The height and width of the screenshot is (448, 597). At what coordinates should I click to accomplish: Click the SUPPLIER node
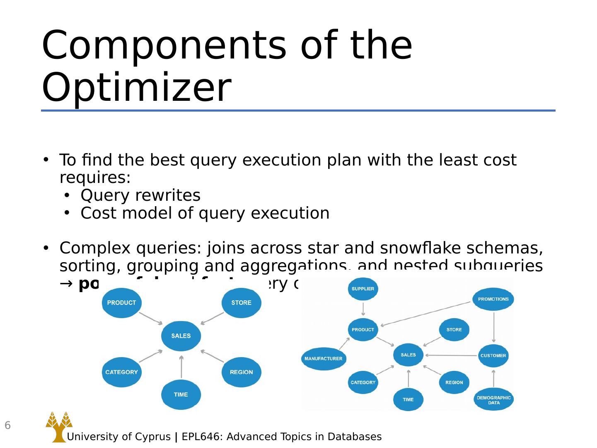pyautogui.click(x=363, y=289)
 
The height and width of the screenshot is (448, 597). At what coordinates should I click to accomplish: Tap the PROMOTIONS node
pyautogui.click(x=493, y=299)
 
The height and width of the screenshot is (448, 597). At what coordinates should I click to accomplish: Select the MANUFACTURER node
pyautogui.click(x=324, y=358)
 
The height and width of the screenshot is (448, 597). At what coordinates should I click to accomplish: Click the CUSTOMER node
pyautogui.click(x=493, y=355)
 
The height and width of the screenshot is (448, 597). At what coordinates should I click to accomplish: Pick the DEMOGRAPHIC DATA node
pyautogui.click(x=493, y=399)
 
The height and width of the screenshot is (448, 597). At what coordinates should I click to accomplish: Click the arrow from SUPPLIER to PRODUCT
pyautogui.click(x=363, y=309)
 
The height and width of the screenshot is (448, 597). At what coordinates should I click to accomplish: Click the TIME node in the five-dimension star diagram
pyautogui.click(x=181, y=394)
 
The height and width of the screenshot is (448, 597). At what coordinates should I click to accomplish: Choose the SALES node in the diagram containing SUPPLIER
pyautogui.click(x=408, y=355)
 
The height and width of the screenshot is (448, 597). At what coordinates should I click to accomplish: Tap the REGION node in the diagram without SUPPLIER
pyautogui.click(x=241, y=372)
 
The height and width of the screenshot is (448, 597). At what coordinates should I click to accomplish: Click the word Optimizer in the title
pyautogui.click(x=136, y=88)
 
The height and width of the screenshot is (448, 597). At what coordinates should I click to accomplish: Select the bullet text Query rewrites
pyautogui.click(x=140, y=195)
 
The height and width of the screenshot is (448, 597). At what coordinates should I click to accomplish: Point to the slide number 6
pyautogui.click(x=7, y=425)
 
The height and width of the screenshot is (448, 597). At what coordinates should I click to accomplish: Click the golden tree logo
pyautogui.click(x=58, y=426)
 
